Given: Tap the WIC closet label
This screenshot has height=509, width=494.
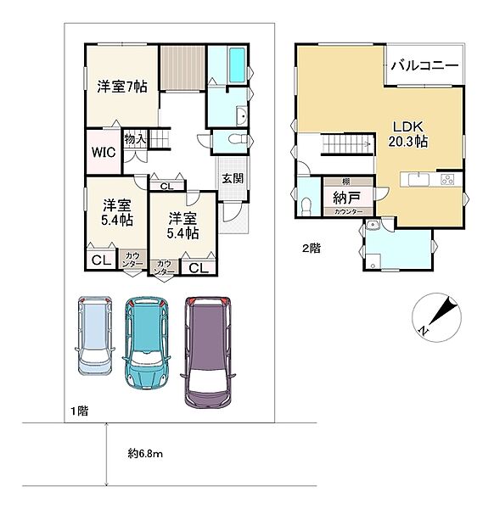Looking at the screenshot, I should [x=104, y=153].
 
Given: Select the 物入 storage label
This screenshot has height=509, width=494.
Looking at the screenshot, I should [x=134, y=138].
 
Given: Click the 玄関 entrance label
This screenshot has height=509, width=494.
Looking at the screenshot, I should [x=232, y=178].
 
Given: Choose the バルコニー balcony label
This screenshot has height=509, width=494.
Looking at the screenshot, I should [x=424, y=65].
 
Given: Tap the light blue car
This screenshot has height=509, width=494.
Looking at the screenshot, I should [x=93, y=335].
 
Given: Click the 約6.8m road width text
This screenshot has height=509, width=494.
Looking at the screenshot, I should [x=145, y=454].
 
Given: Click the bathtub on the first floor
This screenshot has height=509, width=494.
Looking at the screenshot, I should [x=229, y=64].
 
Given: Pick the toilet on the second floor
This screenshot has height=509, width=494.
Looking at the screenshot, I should [x=306, y=204].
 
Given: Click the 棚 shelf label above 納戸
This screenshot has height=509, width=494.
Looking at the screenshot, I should [x=345, y=182].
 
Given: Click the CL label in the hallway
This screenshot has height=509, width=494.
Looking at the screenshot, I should [x=166, y=186].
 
